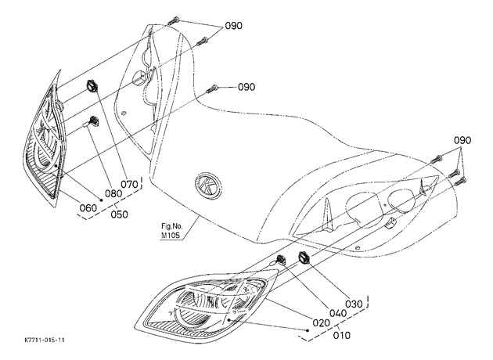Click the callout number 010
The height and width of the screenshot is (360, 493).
(x=341, y=336)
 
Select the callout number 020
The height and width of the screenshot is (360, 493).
(x=321, y=323)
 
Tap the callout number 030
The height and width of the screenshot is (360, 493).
(x=354, y=304)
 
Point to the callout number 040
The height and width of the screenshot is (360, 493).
(x=338, y=313)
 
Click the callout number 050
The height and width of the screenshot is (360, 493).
(x=120, y=214)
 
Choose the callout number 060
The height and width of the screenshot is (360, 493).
(x=88, y=208)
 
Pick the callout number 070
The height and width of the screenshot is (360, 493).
(x=130, y=184)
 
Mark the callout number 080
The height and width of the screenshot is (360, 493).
(x=113, y=193)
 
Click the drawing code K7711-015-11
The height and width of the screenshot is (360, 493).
(x=45, y=340)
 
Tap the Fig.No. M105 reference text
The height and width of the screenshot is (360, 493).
(x=171, y=230)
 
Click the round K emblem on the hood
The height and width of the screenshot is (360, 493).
(x=208, y=185)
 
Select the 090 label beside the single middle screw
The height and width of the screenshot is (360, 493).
(x=246, y=87)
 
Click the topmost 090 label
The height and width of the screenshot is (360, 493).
(x=234, y=26)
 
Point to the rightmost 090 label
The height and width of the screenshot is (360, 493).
(x=462, y=140)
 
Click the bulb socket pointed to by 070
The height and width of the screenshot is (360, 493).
(x=92, y=86)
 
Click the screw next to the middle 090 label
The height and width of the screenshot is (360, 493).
(x=212, y=88)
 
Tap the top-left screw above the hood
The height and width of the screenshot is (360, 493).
(x=173, y=21)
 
